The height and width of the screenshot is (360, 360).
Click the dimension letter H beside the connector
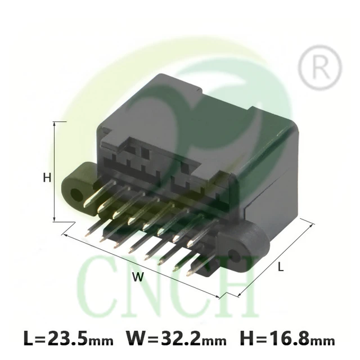pyautogui.click(x=47, y=178)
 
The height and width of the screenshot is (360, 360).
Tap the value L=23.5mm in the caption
pyautogui.click(x=69, y=339)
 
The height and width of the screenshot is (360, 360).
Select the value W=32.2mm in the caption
pyautogui.click(x=176, y=339)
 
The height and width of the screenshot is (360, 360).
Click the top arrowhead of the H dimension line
pyautogui.click(x=55, y=123)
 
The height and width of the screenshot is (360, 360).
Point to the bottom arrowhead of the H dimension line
pyautogui.click(x=55, y=219)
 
